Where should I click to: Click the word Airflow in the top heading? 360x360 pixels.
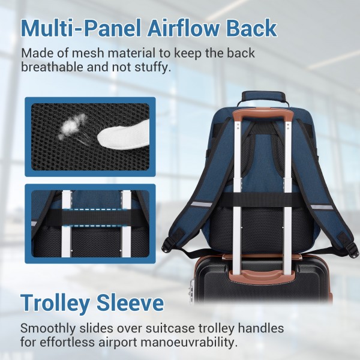pos(175,28)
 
